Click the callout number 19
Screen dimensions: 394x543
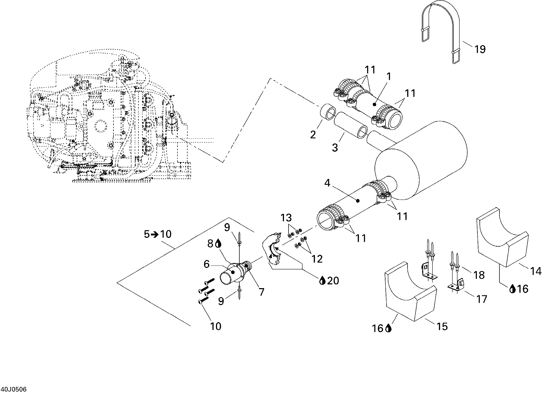pos(480,49)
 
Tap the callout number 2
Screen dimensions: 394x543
pos(313,135)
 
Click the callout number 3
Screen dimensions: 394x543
pos(335,147)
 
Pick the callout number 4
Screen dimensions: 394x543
pos(327,183)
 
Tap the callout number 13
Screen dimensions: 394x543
pos(286,218)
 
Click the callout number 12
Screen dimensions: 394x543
pos(317,259)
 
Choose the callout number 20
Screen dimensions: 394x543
pos(333,281)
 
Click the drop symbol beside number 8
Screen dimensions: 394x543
pos(218,243)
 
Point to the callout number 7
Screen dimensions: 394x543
pos(262,292)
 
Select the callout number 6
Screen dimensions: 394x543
pos(207,264)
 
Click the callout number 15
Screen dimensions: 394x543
pos(442,326)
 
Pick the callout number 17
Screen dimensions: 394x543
pos(482,299)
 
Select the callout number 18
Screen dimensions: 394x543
pos(479,275)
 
